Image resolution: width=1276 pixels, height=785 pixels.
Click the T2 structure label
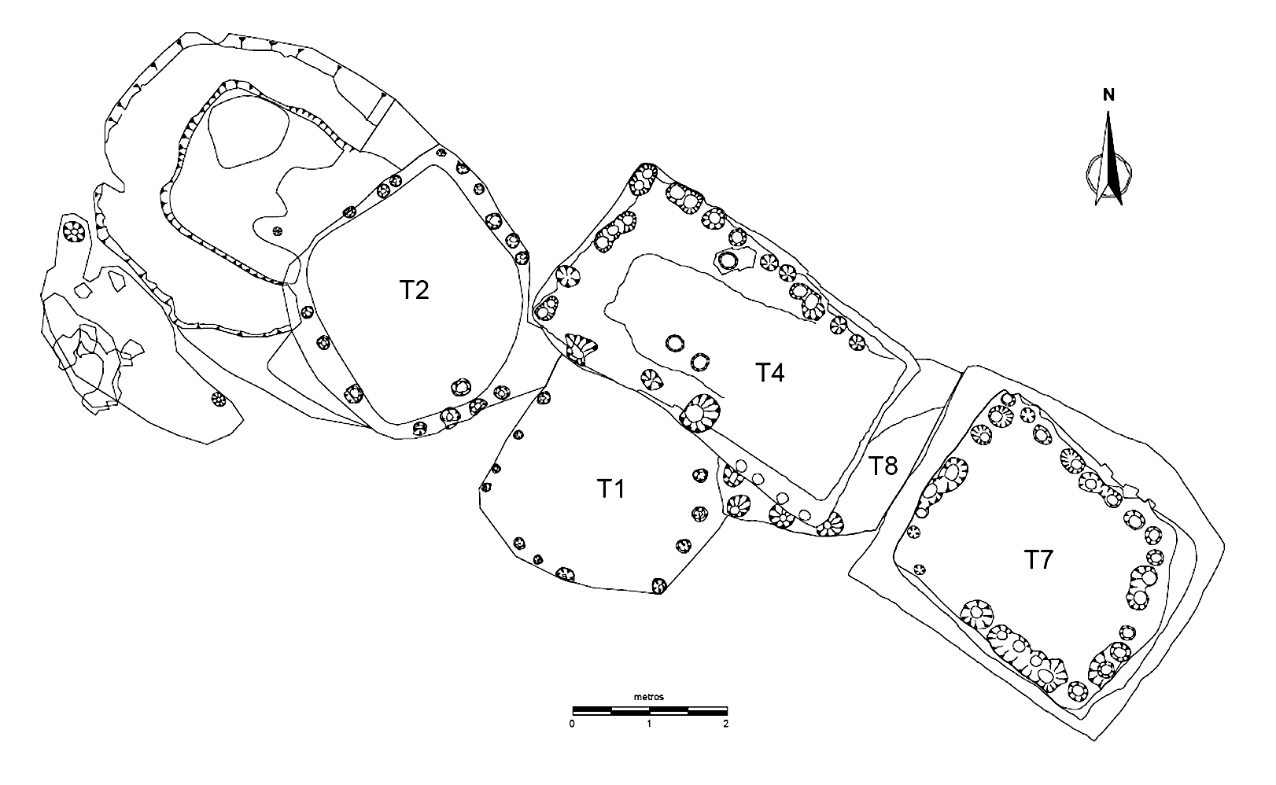[413, 290]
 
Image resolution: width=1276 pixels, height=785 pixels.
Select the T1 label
[610, 489]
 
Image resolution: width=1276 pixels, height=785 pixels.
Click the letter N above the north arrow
[1108, 96]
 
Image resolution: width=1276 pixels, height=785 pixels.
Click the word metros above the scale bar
[649, 697]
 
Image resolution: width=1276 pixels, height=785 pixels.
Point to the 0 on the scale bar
[573, 723]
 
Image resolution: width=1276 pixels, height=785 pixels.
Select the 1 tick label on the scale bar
[649, 723]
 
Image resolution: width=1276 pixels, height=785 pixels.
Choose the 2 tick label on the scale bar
[725, 723]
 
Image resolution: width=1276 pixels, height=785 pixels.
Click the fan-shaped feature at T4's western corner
[581, 348]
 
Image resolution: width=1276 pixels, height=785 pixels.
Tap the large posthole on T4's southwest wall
[699, 412]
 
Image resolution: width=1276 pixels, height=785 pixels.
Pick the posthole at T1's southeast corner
[659, 585]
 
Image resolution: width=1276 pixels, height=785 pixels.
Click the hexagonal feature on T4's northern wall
[728, 260]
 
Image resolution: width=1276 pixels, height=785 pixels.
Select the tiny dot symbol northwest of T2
[276, 230]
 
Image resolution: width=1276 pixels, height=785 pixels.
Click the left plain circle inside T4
[674, 342]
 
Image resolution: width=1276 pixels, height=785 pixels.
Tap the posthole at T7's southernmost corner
[1077, 693]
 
